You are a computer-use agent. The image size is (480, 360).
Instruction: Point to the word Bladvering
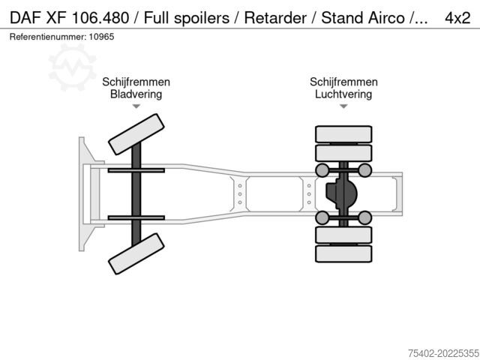point(136,94)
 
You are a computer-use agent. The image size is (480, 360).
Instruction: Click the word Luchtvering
point(343,94)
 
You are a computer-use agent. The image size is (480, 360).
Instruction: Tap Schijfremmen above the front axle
point(136,82)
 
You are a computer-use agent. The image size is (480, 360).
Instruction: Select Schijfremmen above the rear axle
point(343,82)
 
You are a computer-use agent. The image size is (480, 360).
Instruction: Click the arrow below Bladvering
point(136,107)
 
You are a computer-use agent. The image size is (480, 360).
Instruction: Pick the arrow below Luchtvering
point(343,107)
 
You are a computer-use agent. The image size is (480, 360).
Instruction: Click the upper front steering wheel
point(136,135)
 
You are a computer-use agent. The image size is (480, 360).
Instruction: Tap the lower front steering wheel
point(136,253)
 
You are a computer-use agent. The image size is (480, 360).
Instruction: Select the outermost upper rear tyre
point(343,134)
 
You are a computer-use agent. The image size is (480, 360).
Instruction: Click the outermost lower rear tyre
point(343,253)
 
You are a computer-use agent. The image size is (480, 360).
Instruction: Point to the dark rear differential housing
point(341,194)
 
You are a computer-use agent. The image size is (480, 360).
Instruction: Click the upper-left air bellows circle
point(322,170)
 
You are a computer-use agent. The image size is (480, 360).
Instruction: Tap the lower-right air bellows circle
point(365,218)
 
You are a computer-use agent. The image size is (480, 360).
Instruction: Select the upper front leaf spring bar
point(136,171)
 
